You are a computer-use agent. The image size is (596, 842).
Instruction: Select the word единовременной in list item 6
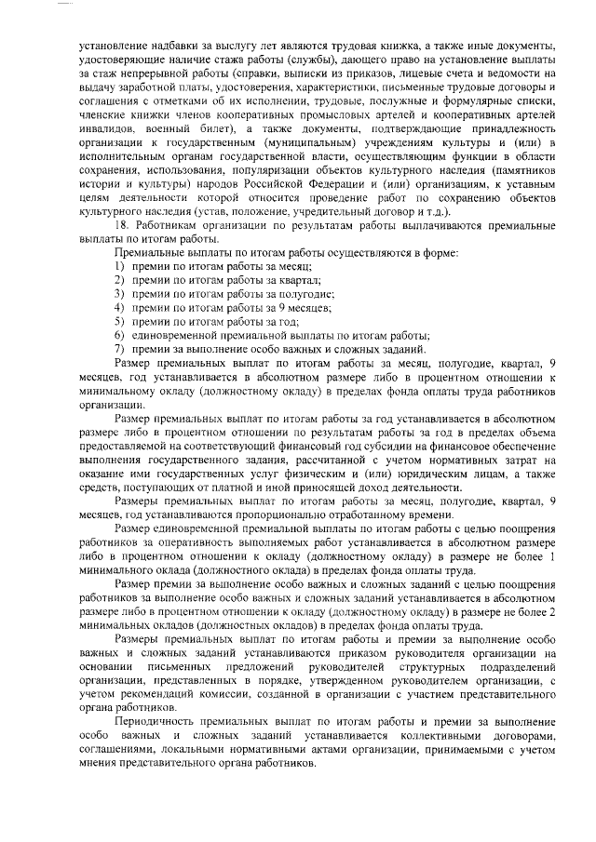point(169,334)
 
